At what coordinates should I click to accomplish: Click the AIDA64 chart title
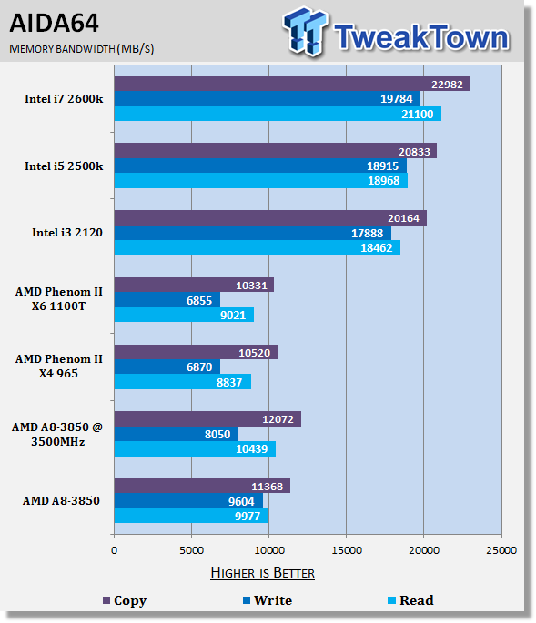54,23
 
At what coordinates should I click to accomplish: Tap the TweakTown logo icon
306,32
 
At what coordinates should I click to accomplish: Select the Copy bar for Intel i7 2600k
292,84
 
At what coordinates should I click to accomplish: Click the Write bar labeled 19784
268,98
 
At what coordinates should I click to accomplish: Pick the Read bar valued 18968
261,181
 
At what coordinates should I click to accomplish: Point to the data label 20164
403,218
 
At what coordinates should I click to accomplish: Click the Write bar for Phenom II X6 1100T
167,300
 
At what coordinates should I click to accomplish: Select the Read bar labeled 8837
183,382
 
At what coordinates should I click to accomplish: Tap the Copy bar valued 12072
207,418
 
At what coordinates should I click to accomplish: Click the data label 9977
248,516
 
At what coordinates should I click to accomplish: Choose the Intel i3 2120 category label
67,233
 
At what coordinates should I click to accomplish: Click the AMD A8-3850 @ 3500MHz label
57,434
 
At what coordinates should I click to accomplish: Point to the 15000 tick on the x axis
347,550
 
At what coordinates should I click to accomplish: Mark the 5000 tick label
191,550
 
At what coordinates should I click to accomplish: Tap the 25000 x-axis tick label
501,550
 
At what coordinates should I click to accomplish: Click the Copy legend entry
125,600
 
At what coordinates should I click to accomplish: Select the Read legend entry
410,600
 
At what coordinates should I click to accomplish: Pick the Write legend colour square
247,600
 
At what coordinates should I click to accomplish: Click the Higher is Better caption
262,573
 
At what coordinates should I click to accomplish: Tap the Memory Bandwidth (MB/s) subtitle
82,49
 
